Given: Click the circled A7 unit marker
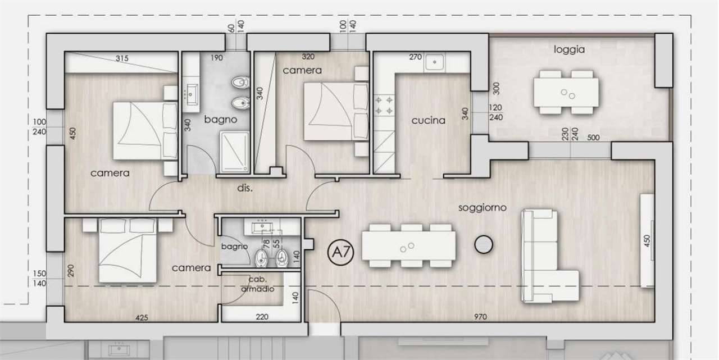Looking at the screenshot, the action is pos(340,252).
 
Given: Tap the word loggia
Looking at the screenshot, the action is pos(569,50).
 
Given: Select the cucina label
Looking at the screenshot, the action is pos(428,121).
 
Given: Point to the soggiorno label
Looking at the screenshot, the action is pos(482,208).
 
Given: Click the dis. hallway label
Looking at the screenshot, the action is pos(244,188).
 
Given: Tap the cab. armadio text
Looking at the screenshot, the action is pos(257,284).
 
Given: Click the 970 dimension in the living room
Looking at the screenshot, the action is pos(480,317).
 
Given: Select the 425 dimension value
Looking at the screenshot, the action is pos(142,318).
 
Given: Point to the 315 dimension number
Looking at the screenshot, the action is pos(122,58).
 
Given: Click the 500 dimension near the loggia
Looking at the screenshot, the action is pos(593,138).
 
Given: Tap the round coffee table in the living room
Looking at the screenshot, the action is pos(484,244).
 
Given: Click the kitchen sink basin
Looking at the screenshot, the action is pos(434,62).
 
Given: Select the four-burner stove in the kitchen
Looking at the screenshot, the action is pos(384,105).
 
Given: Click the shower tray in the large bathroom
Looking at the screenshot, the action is pos(235,152).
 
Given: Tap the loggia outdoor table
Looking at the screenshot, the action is pos(566,93).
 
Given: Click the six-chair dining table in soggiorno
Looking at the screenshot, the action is pos(408,246).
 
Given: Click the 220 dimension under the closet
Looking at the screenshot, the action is pos(262,317).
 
